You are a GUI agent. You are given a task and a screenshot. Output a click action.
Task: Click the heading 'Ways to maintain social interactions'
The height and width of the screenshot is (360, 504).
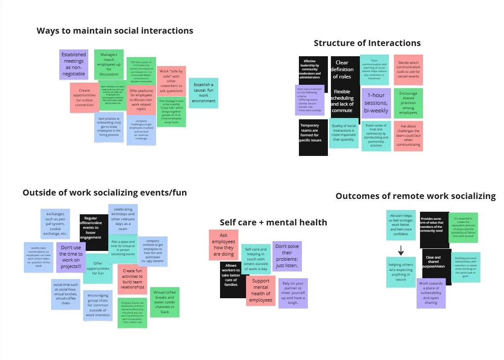pyautogui.click(x=115, y=31)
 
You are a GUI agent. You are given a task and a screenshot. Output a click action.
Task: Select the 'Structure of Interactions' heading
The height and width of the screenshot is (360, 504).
pyautogui.click(x=367, y=43)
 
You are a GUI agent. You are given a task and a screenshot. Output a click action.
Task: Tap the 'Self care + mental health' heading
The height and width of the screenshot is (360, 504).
pyautogui.click(x=273, y=222)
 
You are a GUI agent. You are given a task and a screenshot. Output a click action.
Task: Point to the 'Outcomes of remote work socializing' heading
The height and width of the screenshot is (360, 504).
pyautogui.click(x=415, y=196)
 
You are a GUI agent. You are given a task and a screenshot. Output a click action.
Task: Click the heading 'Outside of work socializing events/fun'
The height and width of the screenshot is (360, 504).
pyautogui.click(x=104, y=193)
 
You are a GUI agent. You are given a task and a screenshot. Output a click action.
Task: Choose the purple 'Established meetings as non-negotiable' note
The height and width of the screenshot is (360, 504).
pyautogui.click(x=73, y=64)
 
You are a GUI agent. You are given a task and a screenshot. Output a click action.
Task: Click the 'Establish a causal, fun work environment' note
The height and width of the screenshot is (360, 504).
pyautogui.click(x=203, y=93)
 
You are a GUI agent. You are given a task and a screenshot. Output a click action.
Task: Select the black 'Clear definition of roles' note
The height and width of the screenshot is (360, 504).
pyautogui.click(x=342, y=69)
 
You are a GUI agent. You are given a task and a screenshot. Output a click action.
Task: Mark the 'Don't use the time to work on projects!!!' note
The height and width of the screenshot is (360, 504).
pyautogui.click(x=71, y=257)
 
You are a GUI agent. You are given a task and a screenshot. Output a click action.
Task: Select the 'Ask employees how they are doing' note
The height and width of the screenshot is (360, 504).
pyautogui.click(x=223, y=245)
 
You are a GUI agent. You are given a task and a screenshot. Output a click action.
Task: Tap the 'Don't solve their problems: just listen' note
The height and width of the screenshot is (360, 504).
pyautogui.click(x=287, y=256)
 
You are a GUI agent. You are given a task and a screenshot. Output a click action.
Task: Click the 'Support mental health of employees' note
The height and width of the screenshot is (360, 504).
pyautogui.click(x=261, y=290)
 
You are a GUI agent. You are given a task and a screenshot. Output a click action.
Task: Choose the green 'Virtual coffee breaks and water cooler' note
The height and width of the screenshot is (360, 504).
pyautogui.click(x=165, y=302)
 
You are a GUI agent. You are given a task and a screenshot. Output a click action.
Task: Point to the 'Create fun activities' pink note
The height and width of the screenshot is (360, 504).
pyautogui.click(x=132, y=279)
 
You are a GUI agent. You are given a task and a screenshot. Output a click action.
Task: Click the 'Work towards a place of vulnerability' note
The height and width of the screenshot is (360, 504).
pyautogui.click(x=431, y=293)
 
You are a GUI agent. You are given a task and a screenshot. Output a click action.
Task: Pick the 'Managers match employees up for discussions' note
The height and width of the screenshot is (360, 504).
pyautogui.click(x=109, y=64)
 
